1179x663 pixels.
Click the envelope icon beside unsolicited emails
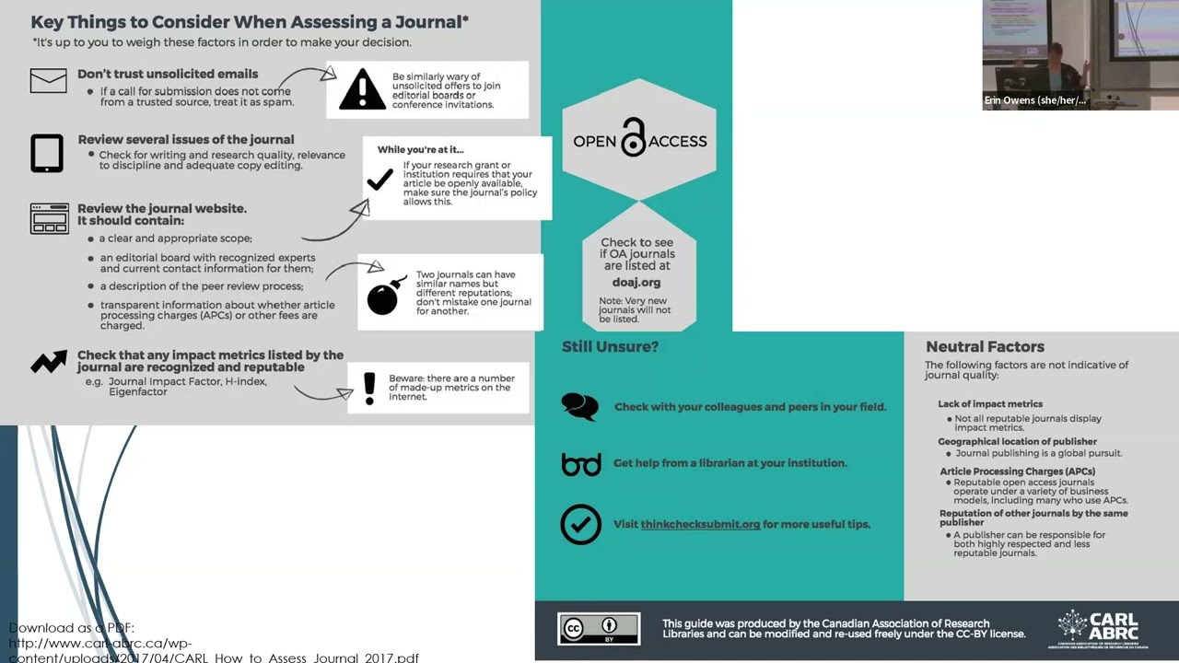tap(48, 81)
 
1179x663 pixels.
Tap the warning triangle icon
tap(362, 90)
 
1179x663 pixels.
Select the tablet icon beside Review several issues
tap(47, 153)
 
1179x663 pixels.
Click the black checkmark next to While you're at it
tap(379, 180)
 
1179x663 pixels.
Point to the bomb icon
tap(384, 296)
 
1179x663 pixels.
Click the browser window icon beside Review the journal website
tap(50, 219)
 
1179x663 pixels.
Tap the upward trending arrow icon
tap(49, 362)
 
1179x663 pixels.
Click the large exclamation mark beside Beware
tap(369, 389)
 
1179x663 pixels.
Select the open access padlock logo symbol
tap(634, 138)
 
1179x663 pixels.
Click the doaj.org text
tap(636, 283)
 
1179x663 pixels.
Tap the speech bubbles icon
tap(579, 406)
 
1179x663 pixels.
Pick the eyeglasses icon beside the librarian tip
tap(580, 463)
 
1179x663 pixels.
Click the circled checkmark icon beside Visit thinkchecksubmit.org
tap(580, 524)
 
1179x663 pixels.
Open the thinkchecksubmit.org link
tap(700, 524)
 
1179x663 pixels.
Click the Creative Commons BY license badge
tap(599, 629)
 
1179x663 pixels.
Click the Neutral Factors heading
tap(985, 346)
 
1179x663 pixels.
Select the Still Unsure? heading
tap(610, 346)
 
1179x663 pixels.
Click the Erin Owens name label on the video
tap(1034, 100)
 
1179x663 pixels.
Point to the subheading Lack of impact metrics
tap(990, 403)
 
